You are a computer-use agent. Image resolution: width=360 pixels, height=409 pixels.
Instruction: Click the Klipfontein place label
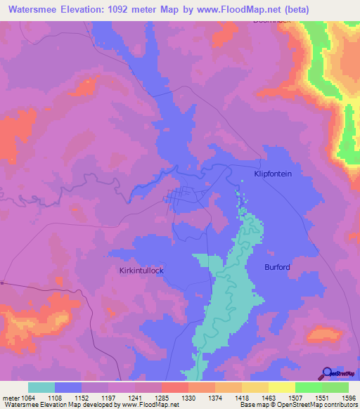[x=282, y=173]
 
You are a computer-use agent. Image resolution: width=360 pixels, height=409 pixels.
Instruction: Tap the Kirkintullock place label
[x=141, y=269]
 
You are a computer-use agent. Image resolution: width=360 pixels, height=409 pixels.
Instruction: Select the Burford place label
[x=277, y=266]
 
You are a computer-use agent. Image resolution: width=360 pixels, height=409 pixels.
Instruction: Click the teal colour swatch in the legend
[x=41, y=387]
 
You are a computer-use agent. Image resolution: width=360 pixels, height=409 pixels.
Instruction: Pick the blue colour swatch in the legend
[x=68, y=387]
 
